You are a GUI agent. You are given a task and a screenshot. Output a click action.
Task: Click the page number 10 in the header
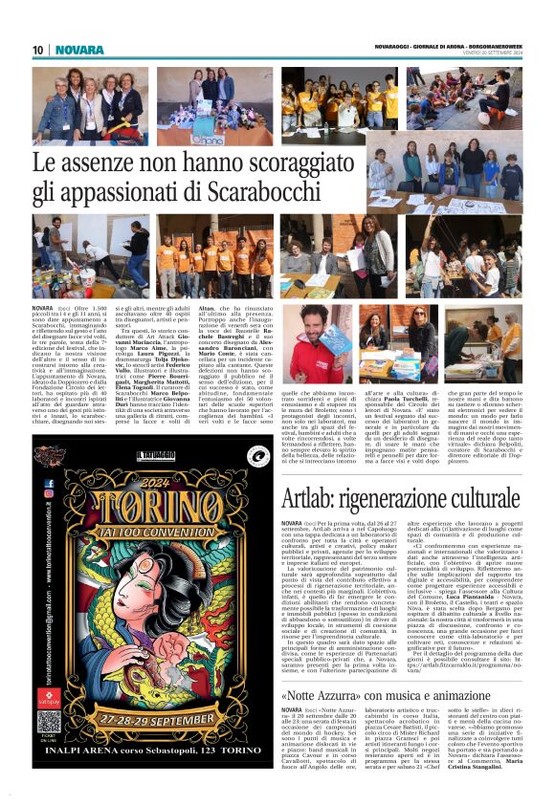tap(37, 50)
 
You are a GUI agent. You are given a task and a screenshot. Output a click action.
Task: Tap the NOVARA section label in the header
tap(79, 50)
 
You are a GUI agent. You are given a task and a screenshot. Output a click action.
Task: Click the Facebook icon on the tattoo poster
tap(48, 484)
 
